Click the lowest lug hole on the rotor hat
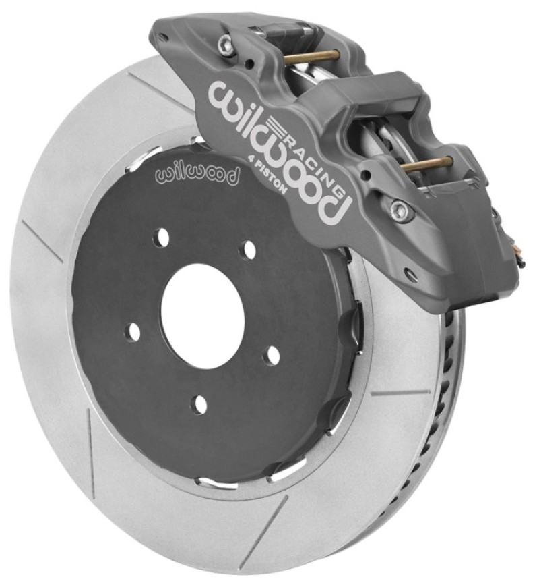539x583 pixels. point(199,405)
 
